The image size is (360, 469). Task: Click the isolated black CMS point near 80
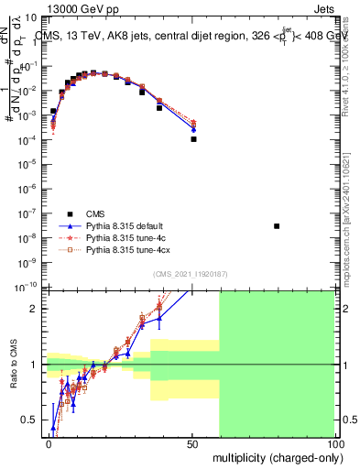(x=277, y=226)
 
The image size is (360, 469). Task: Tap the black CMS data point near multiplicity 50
(x=193, y=139)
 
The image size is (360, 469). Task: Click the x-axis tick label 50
(x=192, y=443)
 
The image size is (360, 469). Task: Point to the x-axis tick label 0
(x=49, y=443)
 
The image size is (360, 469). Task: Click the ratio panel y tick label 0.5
(x=32, y=420)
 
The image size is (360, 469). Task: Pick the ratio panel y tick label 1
(x=36, y=365)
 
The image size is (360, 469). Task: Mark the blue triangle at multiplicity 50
(x=193, y=129)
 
